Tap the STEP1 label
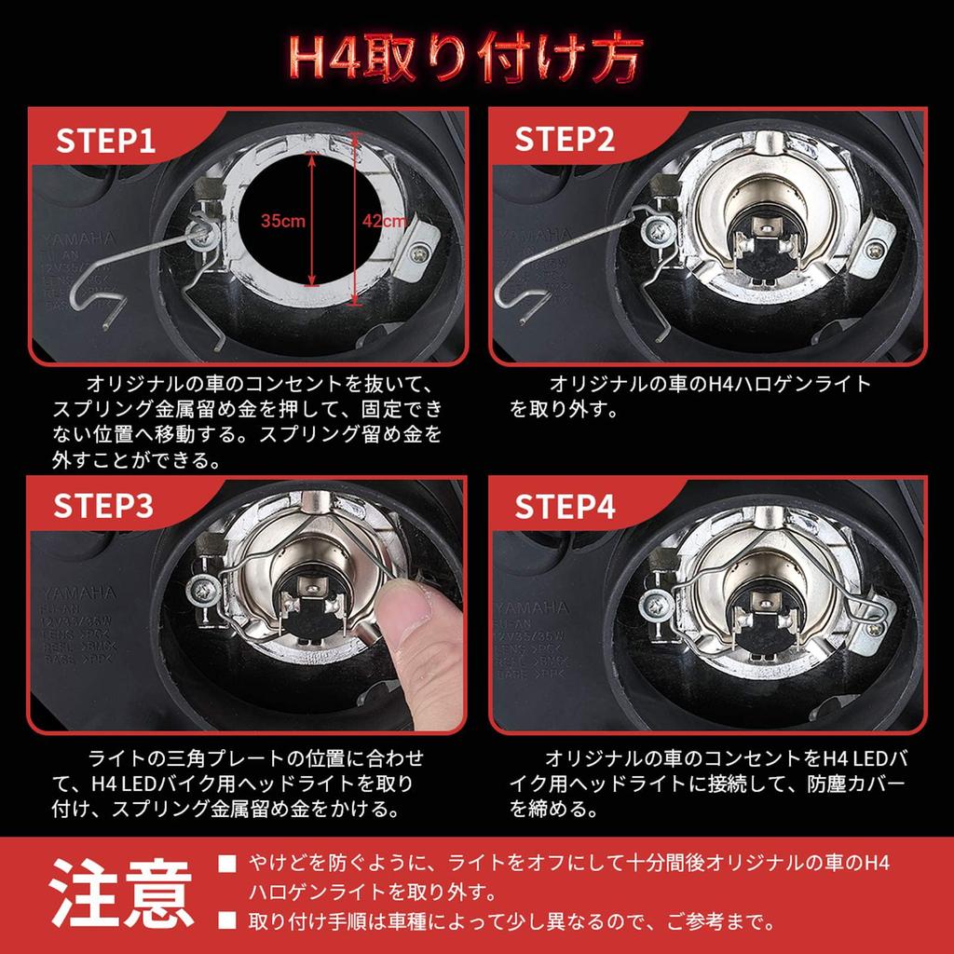point(104,140)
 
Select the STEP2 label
point(565,140)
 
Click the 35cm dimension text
point(283,222)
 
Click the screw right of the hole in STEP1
point(425,250)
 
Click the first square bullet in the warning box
point(225,864)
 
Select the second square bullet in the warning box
point(225,923)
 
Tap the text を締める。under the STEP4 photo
point(553,809)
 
